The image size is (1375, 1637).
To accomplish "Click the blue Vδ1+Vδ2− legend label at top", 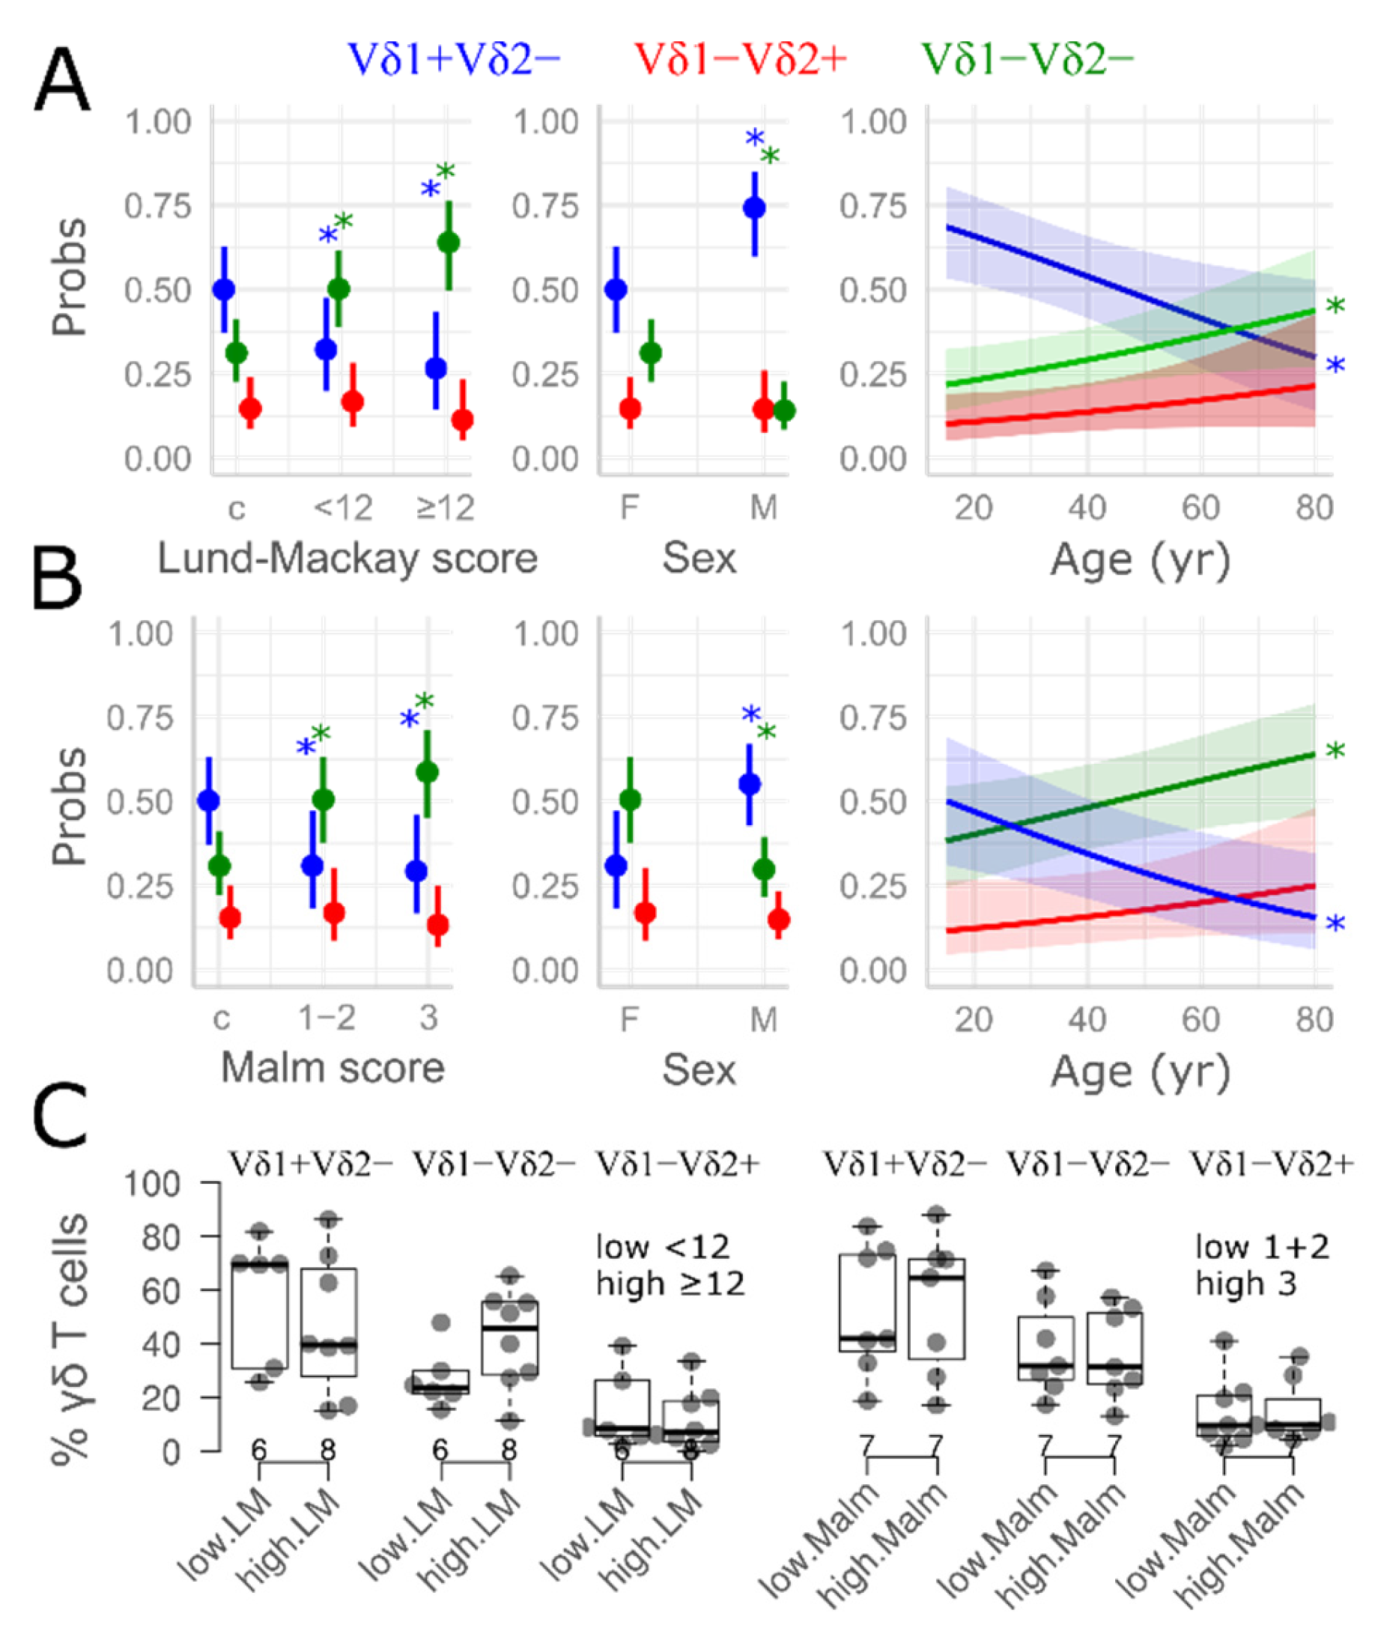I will [454, 60].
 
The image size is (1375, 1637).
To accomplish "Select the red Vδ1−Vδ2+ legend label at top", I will [740, 60].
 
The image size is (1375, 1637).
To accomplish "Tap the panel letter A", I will [61, 83].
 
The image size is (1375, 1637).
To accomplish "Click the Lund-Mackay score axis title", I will [347, 559].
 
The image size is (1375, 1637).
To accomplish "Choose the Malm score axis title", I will [332, 1067].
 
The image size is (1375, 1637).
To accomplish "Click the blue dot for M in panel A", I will [753, 208].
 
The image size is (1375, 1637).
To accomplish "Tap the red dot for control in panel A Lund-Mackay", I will [250, 407].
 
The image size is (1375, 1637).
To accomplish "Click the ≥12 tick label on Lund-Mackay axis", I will [445, 508].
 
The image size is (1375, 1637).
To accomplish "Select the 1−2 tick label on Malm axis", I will [327, 1017].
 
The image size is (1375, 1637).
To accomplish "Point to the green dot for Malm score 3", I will [427, 772].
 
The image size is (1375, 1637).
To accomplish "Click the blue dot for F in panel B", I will [616, 865].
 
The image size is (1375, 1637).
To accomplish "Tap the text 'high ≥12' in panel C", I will [670, 1283].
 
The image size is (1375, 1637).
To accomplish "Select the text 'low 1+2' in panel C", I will [1262, 1248].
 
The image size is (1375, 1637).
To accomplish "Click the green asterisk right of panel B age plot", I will [1335, 751].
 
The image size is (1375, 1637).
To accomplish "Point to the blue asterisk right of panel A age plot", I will [1335, 365].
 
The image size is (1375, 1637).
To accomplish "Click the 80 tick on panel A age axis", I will [1314, 508].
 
